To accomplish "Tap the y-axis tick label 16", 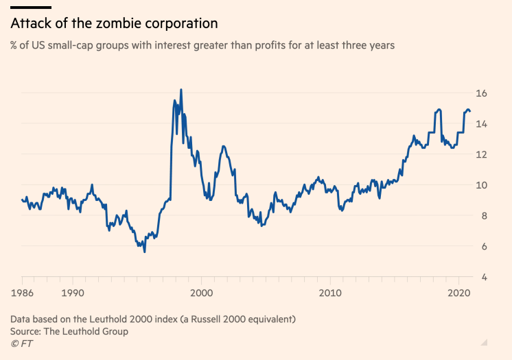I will (x=482, y=93).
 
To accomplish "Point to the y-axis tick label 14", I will (x=482, y=124).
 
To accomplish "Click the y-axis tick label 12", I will (x=482, y=155).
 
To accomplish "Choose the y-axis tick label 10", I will (x=482, y=185).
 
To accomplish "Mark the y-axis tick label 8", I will (x=485, y=216).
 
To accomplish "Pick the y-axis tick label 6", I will (x=485, y=247).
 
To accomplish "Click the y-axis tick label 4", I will (x=485, y=277).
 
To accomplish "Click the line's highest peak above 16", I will (x=181, y=90).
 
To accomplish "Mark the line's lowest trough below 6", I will (x=144, y=252).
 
